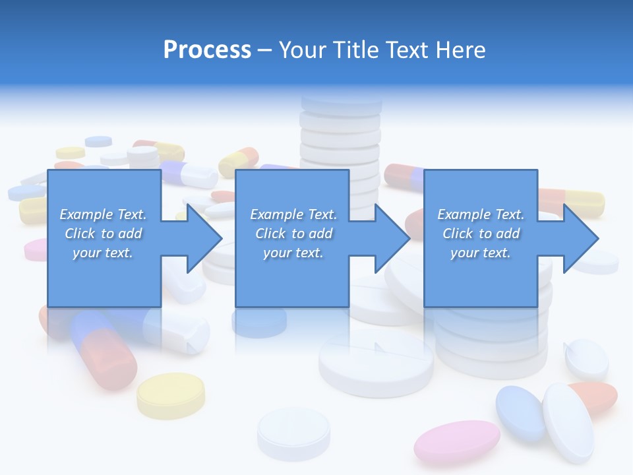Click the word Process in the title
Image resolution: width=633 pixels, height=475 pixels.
pos(207,50)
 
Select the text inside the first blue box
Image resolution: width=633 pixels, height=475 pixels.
pos(104,234)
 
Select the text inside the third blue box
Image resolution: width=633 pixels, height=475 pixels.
pos(481,234)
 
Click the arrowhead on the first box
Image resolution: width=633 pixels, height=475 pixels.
pos(203,238)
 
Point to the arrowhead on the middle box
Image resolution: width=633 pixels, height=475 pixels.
pos(392,238)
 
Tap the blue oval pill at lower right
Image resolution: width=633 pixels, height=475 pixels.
pos(520,412)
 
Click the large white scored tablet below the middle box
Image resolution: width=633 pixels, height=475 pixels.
pos(376,362)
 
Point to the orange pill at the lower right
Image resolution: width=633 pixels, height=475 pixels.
pos(597,395)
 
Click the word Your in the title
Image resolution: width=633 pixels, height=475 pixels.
pos(302,50)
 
